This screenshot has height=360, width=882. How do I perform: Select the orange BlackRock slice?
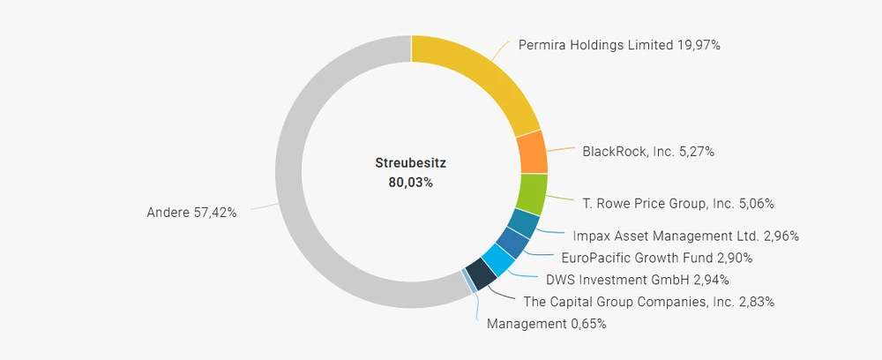(532, 152)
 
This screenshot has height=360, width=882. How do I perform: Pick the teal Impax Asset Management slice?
(522, 224)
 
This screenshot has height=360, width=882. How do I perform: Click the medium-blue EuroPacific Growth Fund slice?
(512, 243)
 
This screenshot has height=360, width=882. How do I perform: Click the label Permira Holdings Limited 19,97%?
(619, 45)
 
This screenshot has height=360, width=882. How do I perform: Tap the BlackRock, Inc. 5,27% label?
(648, 152)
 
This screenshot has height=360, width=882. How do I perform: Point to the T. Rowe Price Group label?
(678, 204)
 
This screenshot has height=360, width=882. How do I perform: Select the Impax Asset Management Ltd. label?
(685, 236)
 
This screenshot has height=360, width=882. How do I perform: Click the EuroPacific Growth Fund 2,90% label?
(656, 258)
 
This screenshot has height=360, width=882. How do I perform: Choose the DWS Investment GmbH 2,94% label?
(637, 281)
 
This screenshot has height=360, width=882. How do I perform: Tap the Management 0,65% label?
(546, 324)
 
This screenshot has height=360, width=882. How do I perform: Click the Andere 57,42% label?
(191, 213)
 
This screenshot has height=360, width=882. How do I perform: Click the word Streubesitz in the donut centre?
(411, 163)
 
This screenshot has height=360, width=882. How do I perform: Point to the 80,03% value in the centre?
(411, 183)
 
